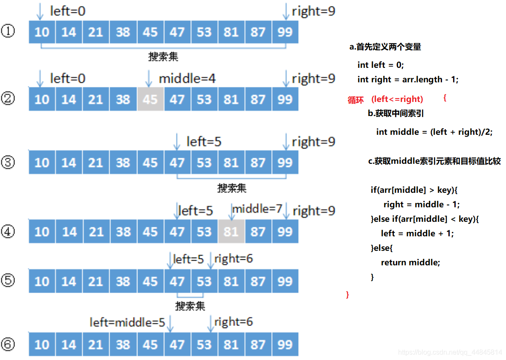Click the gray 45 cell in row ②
150,99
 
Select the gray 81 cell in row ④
231,232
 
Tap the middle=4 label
187,78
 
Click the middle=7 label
257,209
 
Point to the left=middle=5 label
127,322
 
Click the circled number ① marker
8,31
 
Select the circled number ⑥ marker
8,344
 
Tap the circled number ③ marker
8,162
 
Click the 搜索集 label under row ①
163,56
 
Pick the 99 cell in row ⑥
285,344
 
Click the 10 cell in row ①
42,32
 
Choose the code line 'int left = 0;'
381,65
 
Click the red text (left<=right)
397,99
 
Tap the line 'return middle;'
410,262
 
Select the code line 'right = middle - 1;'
422,204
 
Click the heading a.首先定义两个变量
385,47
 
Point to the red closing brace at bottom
348,294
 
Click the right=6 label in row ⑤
233,258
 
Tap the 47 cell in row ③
177,163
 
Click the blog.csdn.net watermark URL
450,352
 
